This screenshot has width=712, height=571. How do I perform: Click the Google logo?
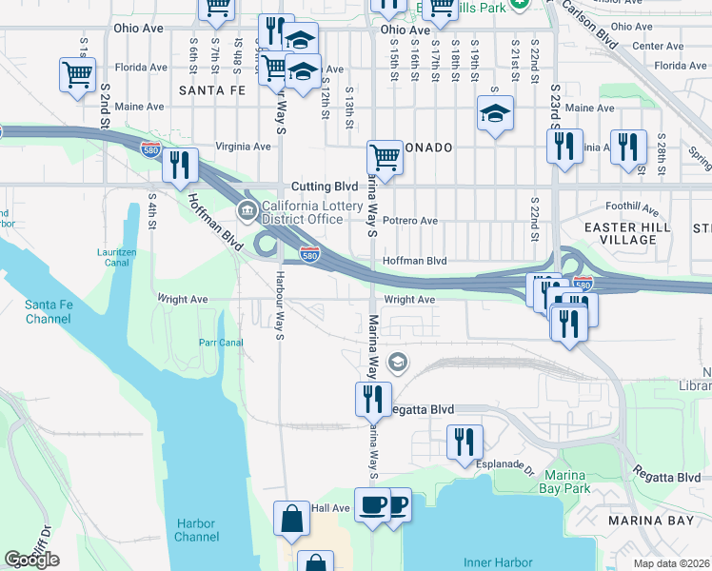[31, 560]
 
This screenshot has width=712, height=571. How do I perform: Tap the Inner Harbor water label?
[498, 562]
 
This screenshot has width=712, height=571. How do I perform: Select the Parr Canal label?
[221, 343]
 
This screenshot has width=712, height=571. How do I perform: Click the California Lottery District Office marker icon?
[247, 210]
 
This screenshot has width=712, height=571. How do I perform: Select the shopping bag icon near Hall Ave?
[291, 519]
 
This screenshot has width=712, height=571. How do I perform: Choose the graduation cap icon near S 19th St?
[495, 113]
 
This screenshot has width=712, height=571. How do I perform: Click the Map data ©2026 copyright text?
[672, 562]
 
